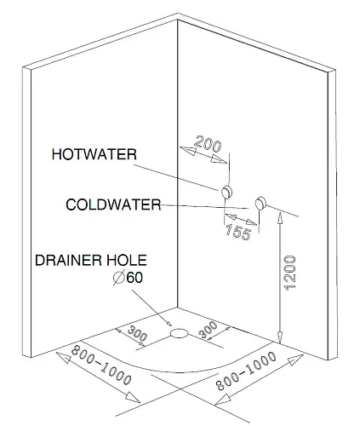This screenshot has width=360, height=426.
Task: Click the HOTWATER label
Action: point(94,154)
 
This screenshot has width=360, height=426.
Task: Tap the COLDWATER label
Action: point(113,204)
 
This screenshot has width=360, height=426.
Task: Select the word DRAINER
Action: point(68,260)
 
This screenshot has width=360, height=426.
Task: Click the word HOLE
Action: point(127,260)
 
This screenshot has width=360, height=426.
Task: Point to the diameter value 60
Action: point(134,278)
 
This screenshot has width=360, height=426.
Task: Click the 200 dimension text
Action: point(208,143)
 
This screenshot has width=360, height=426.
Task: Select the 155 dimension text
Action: point(238,232)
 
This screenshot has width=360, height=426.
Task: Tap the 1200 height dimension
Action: point(290,273)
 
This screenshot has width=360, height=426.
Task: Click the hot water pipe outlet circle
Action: point(226,192)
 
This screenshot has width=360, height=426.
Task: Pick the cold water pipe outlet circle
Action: point(260,203)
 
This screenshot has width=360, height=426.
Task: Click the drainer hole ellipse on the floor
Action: point(179,333)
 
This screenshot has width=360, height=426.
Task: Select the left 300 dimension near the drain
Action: point(138,333)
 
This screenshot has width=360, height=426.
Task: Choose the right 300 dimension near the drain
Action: point(208,330)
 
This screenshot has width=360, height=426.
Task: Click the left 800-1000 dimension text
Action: point(101,366)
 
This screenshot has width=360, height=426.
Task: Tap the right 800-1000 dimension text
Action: point(246,371)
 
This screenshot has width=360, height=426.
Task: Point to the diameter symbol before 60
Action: point(119,278)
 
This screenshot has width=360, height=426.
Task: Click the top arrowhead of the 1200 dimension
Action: point(280,217)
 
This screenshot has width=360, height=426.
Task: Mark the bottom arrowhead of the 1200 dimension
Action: point(280,337)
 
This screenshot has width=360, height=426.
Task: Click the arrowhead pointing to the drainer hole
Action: point(169,323)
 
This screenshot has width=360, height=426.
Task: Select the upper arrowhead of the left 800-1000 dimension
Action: point(64,358)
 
